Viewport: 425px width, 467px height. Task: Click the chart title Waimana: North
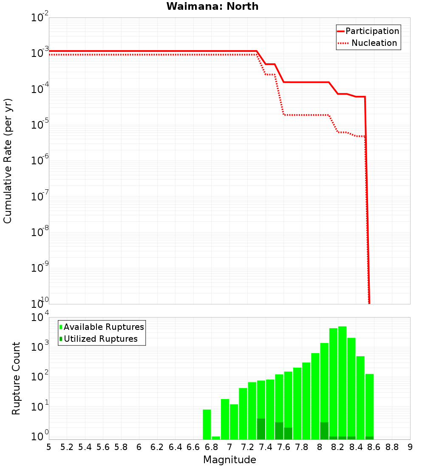[212, 6]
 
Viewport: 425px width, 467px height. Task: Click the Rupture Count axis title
[16, 378]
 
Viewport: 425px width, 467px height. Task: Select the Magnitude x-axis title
[229, 460]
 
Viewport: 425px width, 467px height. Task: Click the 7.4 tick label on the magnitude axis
[266, 447]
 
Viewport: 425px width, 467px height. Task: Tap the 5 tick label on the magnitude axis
[49, 447]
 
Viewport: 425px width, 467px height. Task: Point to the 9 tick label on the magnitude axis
[410, 447]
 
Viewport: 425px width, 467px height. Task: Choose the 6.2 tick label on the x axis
[157, 447]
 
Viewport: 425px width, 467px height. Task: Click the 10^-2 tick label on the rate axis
[40, 18]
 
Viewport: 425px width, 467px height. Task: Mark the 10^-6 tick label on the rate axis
[40, 160]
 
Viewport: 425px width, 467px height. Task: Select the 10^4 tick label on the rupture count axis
[40, 318]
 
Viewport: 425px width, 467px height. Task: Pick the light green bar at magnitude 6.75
[207, 425]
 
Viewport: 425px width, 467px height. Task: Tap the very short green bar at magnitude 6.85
[216, 438]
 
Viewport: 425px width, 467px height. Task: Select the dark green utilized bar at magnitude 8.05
[324, 430]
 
